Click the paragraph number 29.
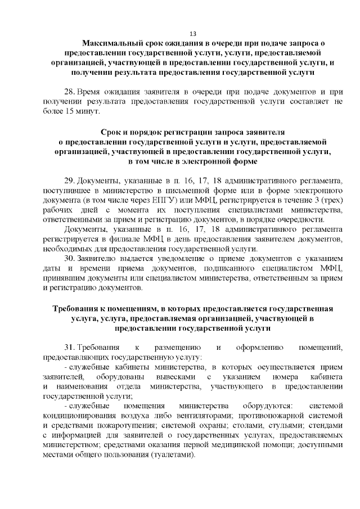70,181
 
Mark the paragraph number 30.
70,259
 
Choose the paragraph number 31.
70,348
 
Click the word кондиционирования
76,416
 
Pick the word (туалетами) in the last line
172,454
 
